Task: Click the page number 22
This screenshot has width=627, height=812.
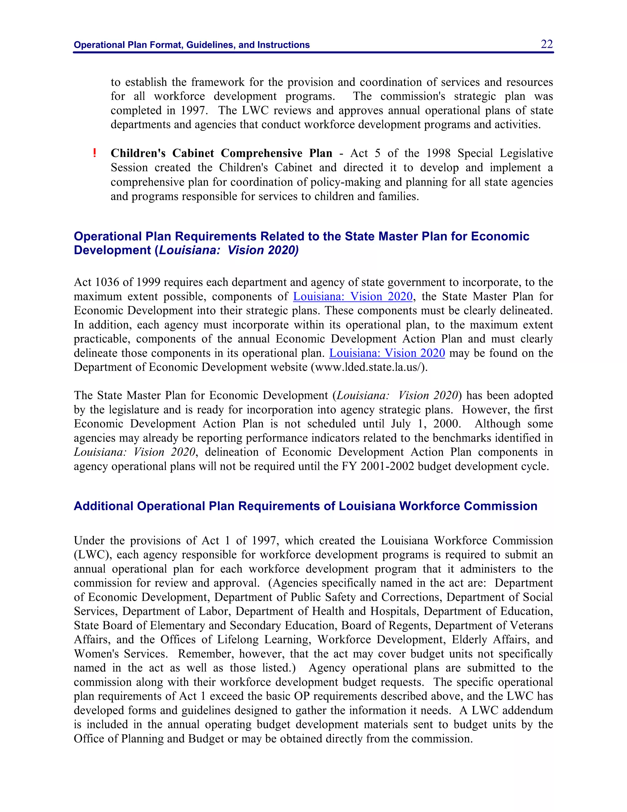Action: tap(546, 44)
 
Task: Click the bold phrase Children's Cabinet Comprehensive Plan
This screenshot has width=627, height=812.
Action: tap(221, 153)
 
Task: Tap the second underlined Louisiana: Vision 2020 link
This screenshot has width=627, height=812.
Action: tap(387, 353)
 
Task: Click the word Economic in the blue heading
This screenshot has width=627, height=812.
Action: tap(500, 237)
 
